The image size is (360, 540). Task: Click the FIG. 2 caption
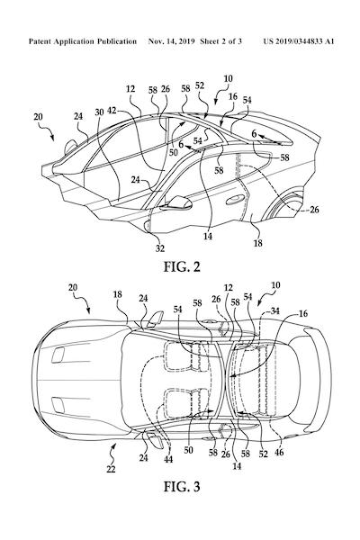click(x=182, y=267)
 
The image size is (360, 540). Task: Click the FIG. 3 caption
click(x=182, y=487)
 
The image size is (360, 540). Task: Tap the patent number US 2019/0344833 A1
click(x=299, y=41)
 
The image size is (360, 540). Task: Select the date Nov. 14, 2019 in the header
click(x=171, y=41)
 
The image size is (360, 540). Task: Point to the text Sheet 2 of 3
click(x=220, y=41)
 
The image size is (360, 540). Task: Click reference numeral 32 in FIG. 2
click(x=160, y=248)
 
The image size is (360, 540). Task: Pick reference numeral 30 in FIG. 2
click(x=99, y=112)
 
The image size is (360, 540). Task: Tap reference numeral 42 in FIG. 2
click(x=112, y=111)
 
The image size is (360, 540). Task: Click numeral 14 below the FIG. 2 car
click(x=208, y=236)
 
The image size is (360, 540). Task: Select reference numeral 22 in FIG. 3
click(x=111, y=469)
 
